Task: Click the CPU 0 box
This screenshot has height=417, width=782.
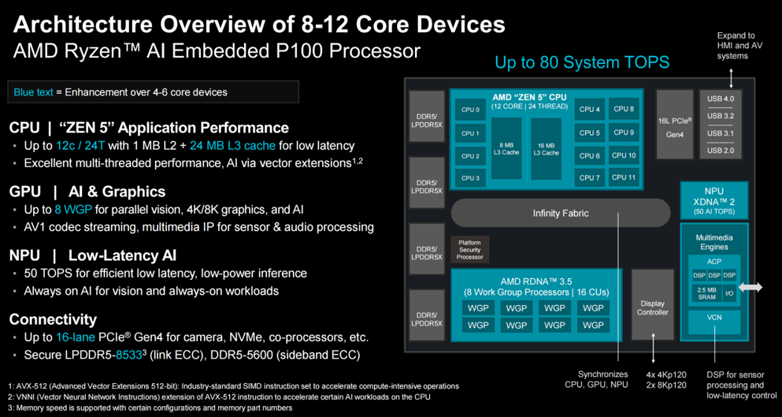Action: (x=470, y=110)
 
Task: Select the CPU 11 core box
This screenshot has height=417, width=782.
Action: (x=624, y=177)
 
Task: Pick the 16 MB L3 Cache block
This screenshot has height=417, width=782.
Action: (x=546, y=149)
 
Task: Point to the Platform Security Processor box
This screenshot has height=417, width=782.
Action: (x=470, y=249)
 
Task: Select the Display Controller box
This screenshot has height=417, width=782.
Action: (x=652, y=308)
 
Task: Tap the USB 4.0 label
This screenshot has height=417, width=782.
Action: (x=721, y=99)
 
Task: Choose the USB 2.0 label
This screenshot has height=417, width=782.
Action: (x=721, y=150)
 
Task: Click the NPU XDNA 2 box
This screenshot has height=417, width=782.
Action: (x=713, y=200)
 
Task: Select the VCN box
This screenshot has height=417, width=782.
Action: (x=714, y=316)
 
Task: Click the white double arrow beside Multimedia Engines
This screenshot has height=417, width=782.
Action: (x=750, y=289)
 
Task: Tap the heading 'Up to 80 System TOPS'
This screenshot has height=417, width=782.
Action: (x=582, y=62)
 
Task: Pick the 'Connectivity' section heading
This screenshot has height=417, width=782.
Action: (x=53, y=319)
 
